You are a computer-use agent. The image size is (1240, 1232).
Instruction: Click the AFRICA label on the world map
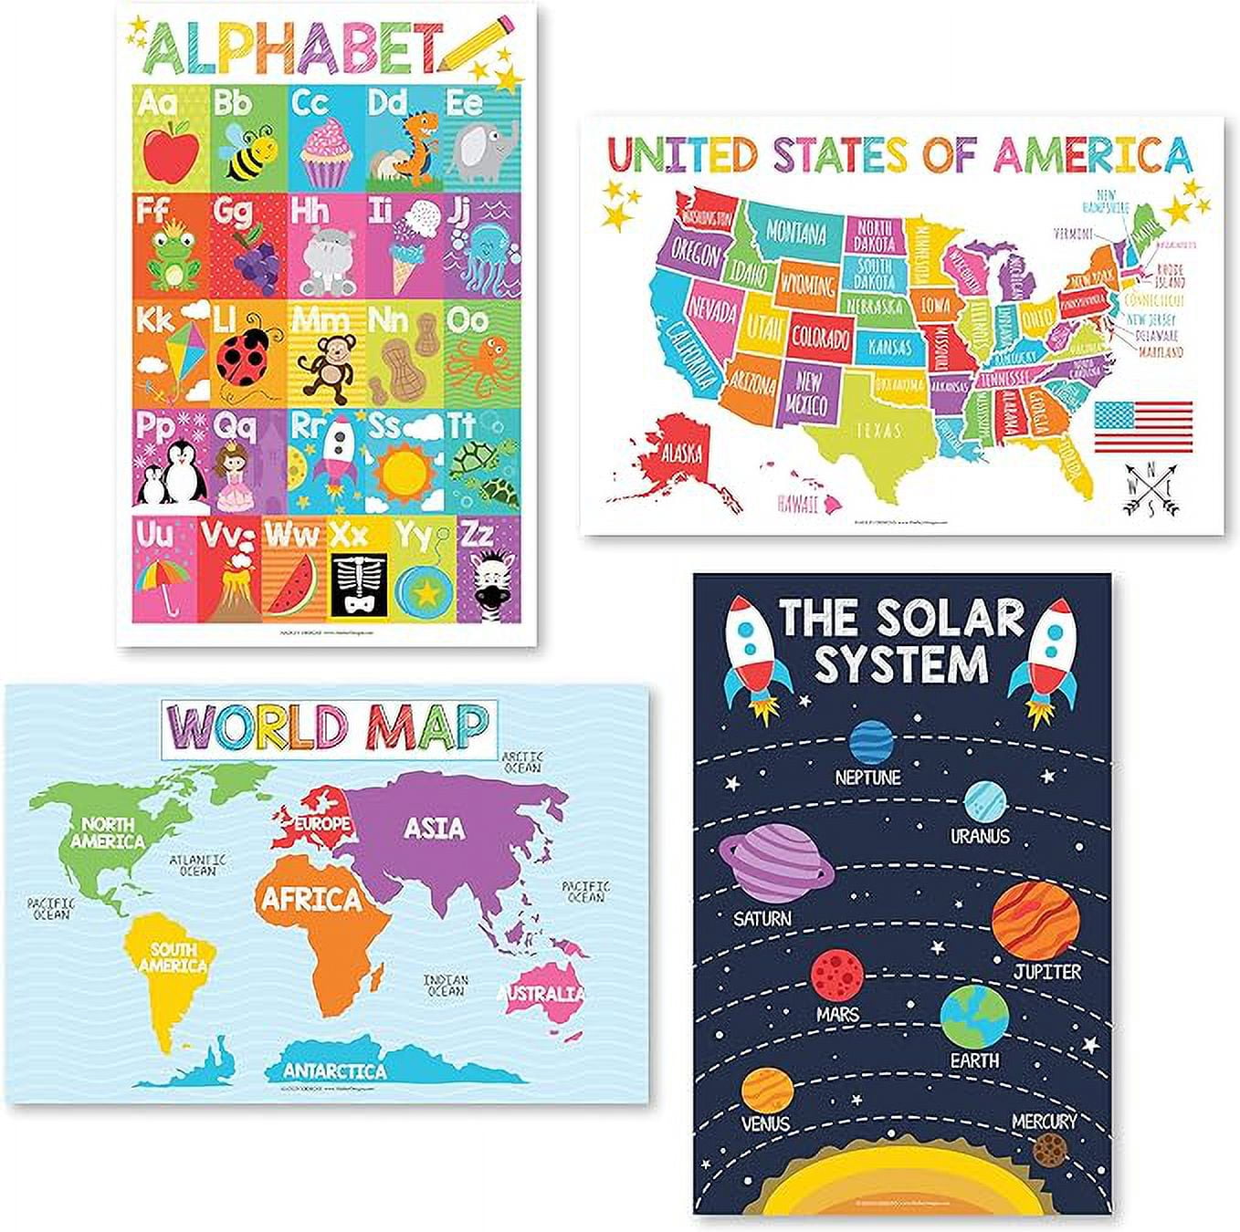tap(312, 899)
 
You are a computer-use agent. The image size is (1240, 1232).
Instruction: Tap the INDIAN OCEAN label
tap(446, 986)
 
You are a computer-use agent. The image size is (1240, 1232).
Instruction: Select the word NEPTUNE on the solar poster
tap(867, 778)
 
